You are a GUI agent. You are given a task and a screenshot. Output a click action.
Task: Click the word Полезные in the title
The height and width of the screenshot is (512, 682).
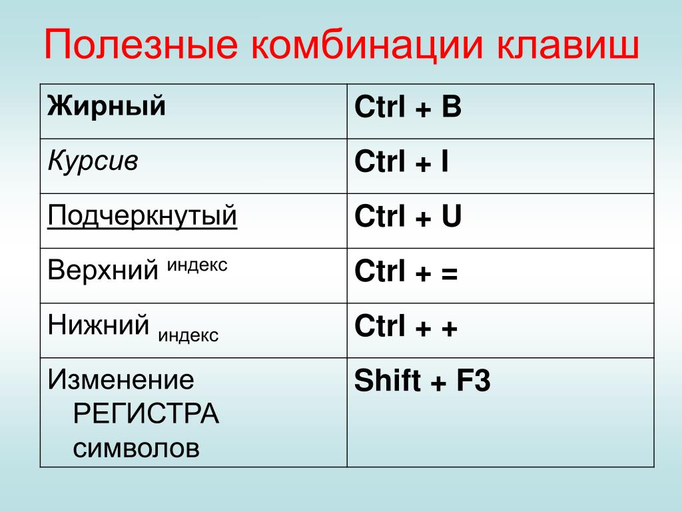click(141, 45)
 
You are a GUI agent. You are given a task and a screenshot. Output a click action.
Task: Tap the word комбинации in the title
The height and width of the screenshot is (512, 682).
click(367, 45)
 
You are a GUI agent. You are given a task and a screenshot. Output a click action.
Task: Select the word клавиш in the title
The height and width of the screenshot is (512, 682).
click(567, 45)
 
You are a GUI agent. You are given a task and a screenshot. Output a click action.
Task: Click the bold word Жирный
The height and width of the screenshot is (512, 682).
click(107, 106)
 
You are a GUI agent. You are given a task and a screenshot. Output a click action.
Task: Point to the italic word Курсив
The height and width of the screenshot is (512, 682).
click(93, 161)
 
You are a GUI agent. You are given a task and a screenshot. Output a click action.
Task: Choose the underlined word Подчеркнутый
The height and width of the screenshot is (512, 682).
click(143, 216)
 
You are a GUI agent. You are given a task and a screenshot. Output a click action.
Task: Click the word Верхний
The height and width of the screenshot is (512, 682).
click(103, 269)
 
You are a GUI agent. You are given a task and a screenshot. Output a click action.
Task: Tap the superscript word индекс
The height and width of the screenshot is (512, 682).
click(197, 265)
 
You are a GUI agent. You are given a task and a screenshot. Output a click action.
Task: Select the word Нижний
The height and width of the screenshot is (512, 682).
click(99, 325)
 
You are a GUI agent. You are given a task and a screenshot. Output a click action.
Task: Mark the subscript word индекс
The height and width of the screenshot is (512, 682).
click(188, 336)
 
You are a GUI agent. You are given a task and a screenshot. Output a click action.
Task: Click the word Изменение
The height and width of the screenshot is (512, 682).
click(121, 379)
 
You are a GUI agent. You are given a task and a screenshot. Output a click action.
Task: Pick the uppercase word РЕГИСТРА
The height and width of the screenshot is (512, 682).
click(146, 413)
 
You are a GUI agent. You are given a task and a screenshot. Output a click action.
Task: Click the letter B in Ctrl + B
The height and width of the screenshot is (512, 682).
click(452, 107)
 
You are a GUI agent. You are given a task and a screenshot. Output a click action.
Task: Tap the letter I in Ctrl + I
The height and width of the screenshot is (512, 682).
click(445, 161)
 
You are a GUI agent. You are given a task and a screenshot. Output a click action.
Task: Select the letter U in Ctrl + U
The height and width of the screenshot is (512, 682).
click(452, 217)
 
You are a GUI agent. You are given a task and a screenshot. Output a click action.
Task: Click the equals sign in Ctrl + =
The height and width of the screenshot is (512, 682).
click(450, 273)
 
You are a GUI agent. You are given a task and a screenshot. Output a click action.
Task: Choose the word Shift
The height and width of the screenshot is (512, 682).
click(388, 379)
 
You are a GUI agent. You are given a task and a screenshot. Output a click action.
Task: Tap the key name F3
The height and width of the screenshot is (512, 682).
click(474, 380)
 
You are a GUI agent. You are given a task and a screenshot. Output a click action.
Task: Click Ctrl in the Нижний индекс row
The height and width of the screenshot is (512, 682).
click(380, 325)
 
